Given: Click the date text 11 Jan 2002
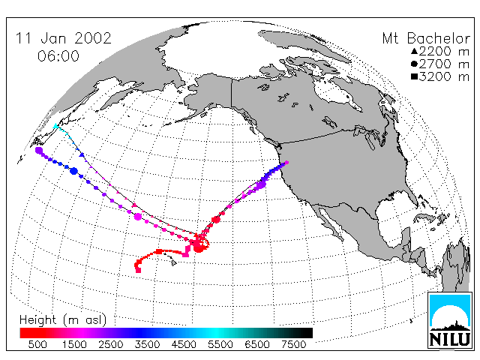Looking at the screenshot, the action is click(63, 38).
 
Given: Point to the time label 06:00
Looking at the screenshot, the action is click(58, 56).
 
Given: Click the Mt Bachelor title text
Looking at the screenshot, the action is click(426, 38).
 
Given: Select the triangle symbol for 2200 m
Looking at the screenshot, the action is click(414, 51).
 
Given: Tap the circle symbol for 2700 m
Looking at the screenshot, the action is click(414, 64).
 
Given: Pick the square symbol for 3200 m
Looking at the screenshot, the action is click(414, 76).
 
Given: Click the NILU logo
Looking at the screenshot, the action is click(449, 320).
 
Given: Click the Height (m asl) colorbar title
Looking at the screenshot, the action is click(63, 320).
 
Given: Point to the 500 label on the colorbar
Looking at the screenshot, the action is click(37, 344).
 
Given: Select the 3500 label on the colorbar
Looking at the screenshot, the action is click(147, 344).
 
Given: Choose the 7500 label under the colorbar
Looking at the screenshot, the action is click(293, 344).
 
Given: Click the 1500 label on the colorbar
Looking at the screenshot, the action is click(74, 344).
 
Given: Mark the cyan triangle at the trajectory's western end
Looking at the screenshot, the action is click(55, 126).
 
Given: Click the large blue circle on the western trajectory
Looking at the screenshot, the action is click(73, 171).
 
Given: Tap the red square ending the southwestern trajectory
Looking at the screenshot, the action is click(138, 270).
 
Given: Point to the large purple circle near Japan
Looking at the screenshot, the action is click(39, 150).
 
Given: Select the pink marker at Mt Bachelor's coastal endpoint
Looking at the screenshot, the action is click(286, 163).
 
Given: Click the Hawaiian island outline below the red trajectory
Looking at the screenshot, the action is click(173, 262).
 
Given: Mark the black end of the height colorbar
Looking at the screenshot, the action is click(307, 333).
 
